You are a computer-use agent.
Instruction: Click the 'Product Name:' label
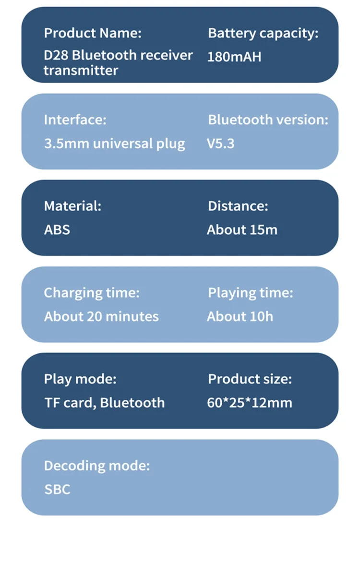[93, 33]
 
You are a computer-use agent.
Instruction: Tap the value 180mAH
[234, 57]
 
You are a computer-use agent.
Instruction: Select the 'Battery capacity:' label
[263, 33]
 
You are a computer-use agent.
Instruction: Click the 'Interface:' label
[75, 120]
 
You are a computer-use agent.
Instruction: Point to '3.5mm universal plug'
[114, 144]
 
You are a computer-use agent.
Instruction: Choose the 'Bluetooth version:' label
[268, 120]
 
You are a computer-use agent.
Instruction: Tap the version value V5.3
[221, 144]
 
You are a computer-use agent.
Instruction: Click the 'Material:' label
[72, 206]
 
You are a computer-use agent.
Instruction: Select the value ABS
[57, 229]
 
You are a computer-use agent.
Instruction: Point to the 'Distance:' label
[238, 206]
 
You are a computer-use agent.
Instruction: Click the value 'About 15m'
[242, 229]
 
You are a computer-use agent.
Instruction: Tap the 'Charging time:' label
[92, 292]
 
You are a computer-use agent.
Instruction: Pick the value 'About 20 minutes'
[101, 316]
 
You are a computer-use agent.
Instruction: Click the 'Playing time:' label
[250, 292]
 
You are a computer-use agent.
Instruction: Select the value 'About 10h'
[240, 316]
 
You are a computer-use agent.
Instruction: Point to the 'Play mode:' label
[80, 379]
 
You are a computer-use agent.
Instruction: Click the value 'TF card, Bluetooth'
[104, 402]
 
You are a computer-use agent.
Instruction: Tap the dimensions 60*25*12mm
[250, 402]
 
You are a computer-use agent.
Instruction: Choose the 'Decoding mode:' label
[97, 465]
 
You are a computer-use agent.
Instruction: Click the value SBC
[57, 489]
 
